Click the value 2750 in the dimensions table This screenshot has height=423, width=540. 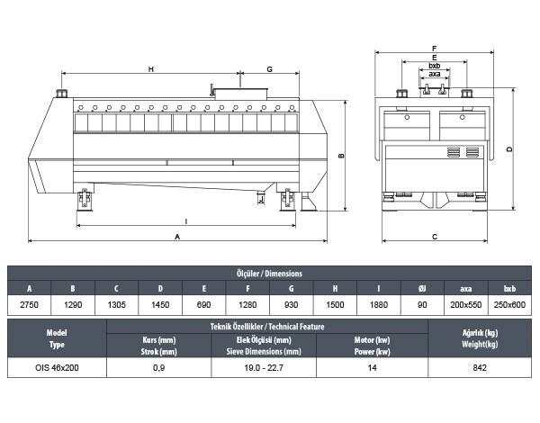tap(30, 305)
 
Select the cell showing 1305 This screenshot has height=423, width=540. tap(117, 305)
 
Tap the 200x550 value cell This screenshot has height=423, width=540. tap(466, 305)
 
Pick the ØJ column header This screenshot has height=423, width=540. tap(422, 288)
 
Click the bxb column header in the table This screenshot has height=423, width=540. tap(509, 288)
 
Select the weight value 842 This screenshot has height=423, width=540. tap(480, 368)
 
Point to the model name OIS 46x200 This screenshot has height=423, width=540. tap(57, 368)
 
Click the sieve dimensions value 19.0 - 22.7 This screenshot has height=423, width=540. tap(264, 368)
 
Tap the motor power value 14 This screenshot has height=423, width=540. tap(372, 368)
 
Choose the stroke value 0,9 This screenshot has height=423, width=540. tap(158, 368)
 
